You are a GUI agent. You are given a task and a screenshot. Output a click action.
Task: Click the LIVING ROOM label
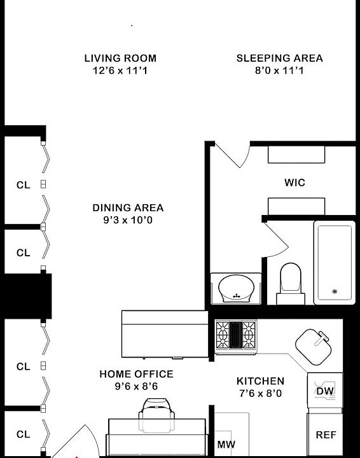120,58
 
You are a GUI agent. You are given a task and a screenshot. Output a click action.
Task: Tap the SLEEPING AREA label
280,58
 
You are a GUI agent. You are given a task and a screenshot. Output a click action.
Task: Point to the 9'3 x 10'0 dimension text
128,220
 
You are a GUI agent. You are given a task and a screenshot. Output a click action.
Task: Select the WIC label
295,183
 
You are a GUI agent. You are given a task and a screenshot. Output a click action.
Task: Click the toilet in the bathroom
291,283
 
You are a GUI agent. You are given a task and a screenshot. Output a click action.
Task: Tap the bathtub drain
335,291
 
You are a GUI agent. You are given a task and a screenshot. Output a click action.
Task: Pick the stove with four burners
236,337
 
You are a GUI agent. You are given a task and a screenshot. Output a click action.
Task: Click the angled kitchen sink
314,347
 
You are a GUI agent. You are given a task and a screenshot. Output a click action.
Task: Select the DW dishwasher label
325,391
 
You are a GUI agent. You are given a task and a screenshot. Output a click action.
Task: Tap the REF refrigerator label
326,435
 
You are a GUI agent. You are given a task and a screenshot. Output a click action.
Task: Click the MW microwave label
226,445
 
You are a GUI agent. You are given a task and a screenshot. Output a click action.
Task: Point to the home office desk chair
156,415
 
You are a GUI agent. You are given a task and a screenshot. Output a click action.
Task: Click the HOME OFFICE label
136,374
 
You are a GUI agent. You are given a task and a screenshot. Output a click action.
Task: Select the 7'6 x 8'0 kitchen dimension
260,394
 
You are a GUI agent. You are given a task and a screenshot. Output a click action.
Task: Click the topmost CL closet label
24,185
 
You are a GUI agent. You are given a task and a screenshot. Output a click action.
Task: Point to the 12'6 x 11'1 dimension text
120,71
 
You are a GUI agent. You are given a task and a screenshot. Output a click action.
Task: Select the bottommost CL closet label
24,434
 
